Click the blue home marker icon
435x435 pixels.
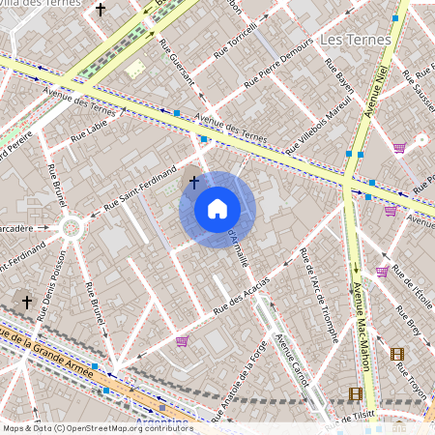point(217,209)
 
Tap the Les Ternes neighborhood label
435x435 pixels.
point(354,40)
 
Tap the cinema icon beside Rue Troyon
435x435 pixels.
point(396,354)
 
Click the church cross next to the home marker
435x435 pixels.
point(193,181)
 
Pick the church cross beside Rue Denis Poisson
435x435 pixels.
point(27,302)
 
